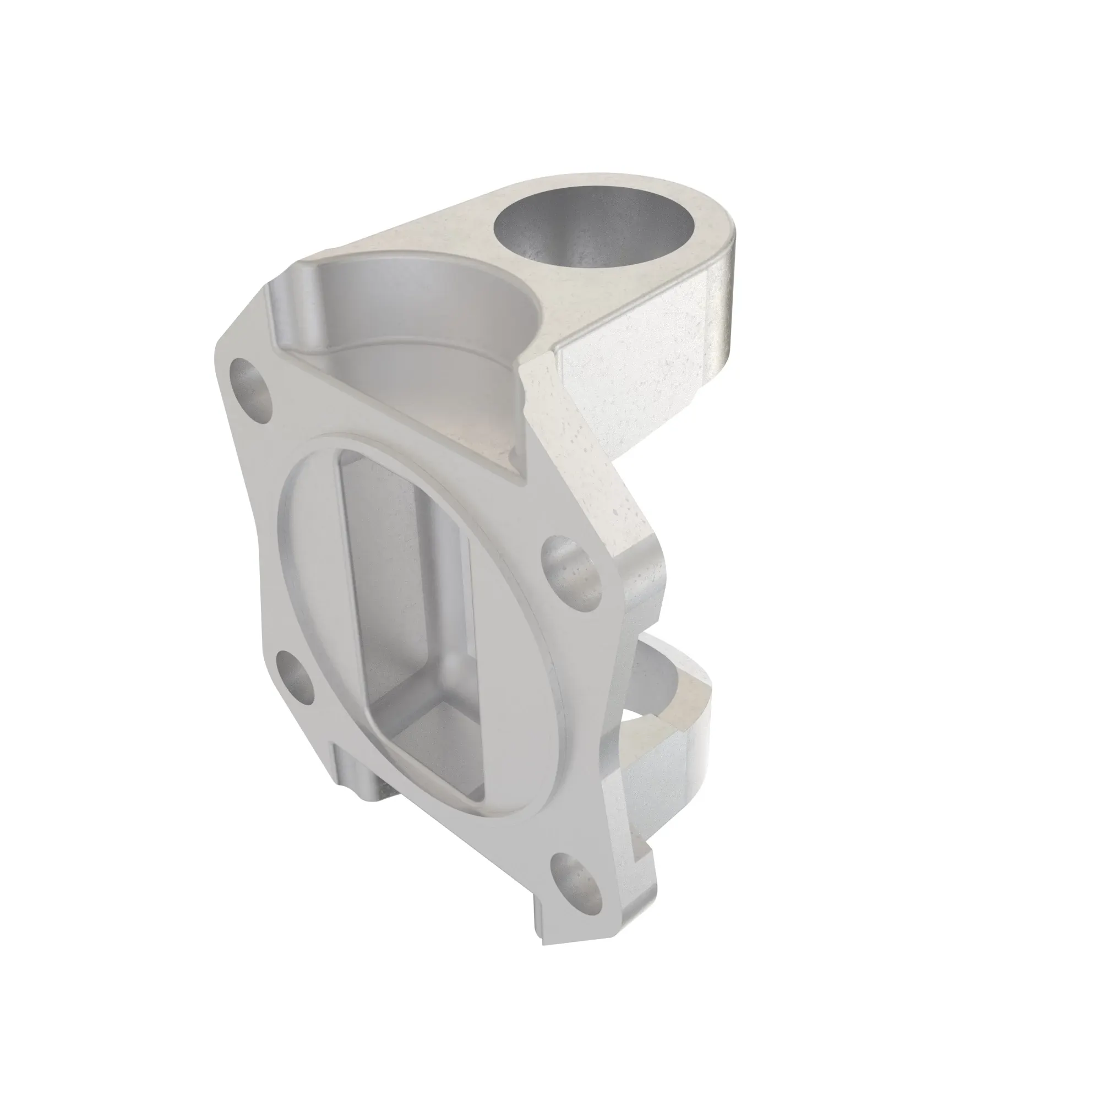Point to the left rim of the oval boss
coord(285,570)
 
